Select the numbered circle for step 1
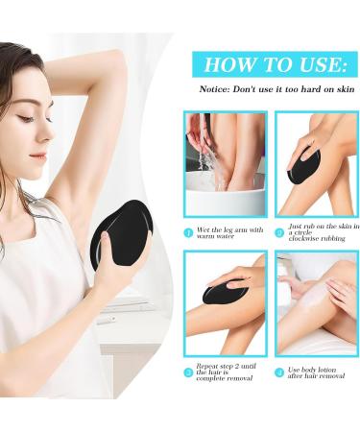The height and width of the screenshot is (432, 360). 189,232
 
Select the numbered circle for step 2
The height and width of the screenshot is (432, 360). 279,232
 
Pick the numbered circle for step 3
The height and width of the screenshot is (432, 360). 189,372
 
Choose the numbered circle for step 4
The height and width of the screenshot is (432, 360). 279,372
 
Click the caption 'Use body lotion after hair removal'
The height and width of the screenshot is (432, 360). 317,375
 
